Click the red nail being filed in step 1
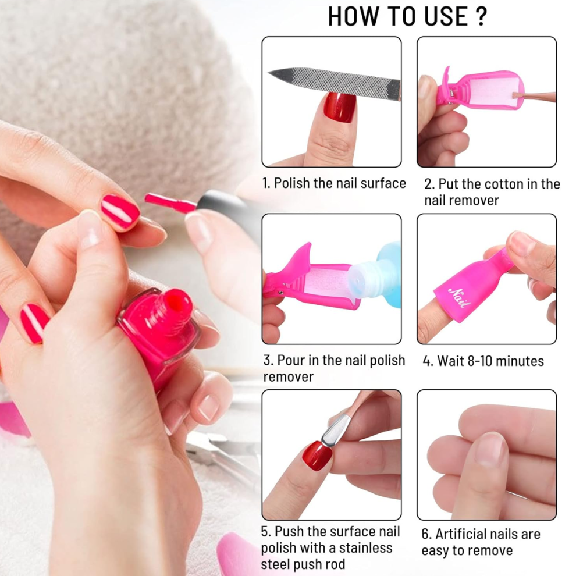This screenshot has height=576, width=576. (339, 106)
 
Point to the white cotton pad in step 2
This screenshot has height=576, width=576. (493, 90)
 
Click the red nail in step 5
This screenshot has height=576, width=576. (317, 456)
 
